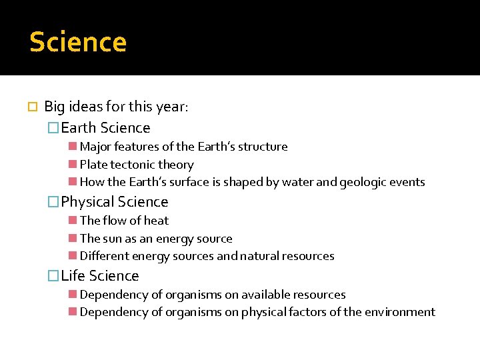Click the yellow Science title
[78, 42]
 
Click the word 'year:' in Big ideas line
[172, 107]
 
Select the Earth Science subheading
[105, 128]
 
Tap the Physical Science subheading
[114, 202]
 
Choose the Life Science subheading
[100, 276]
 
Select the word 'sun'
[113, 239]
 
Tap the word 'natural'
[261, 256]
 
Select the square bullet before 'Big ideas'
[33, 107]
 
